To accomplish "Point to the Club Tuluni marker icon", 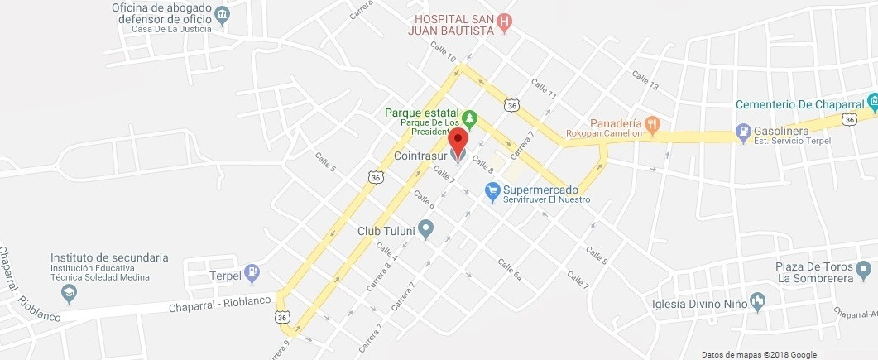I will tap(426, 228).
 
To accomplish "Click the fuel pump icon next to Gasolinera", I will tap(743, 132).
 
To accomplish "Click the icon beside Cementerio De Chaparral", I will tap(872, 103).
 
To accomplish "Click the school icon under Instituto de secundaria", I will tap(70, 292).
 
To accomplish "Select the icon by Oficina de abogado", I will tap(222, 15).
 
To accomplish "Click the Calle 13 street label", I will tap(645, 80).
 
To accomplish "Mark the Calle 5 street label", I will tap(324, 161).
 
